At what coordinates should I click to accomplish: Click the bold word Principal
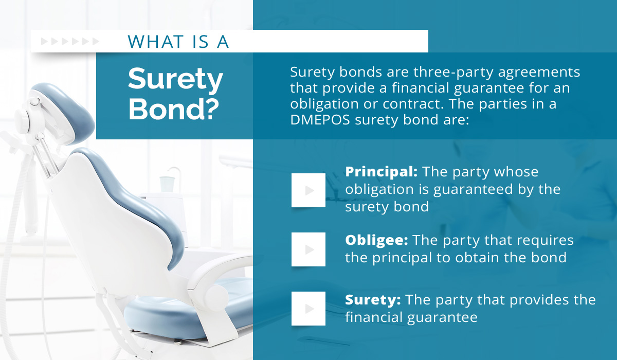[381, 172]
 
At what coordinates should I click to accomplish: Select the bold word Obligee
[376, 240]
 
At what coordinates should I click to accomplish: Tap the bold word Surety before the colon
[373, 300]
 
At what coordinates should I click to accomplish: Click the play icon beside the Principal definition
[308, 190]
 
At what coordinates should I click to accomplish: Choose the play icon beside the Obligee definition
[308, 249]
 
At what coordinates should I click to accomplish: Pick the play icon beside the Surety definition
[308, 309]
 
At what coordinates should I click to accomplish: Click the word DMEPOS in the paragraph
[320, 120]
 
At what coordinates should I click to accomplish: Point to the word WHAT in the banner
[156, 42]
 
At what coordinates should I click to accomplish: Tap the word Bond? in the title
[174, 109]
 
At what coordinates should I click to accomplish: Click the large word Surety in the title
[175, 79]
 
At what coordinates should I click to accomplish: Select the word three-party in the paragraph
[453, 73]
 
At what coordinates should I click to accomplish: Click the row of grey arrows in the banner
[70, 42]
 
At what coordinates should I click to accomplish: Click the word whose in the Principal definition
[516, 172]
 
